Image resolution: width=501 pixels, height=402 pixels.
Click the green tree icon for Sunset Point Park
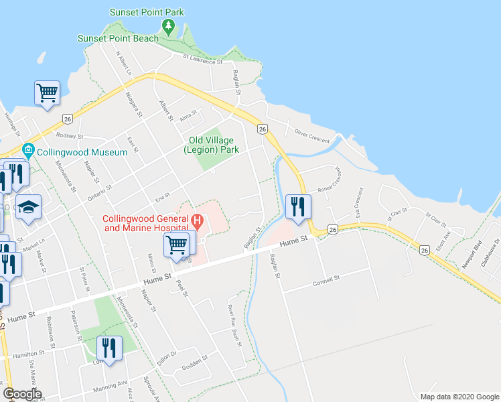(168, 27)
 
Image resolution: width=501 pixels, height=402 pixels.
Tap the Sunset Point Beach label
(118, 38)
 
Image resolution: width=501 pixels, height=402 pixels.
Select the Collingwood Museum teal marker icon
(28, 149)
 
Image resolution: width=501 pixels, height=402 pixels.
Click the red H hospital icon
(197, 219)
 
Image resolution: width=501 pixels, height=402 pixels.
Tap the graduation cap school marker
(29, 207)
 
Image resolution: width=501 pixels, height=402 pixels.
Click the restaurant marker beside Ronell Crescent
(297, 206)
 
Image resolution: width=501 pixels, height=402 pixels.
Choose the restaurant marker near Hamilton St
(109, 347)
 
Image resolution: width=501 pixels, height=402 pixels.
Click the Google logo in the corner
(22, 394)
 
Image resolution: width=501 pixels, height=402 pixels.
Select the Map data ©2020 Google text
(458, 397)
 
